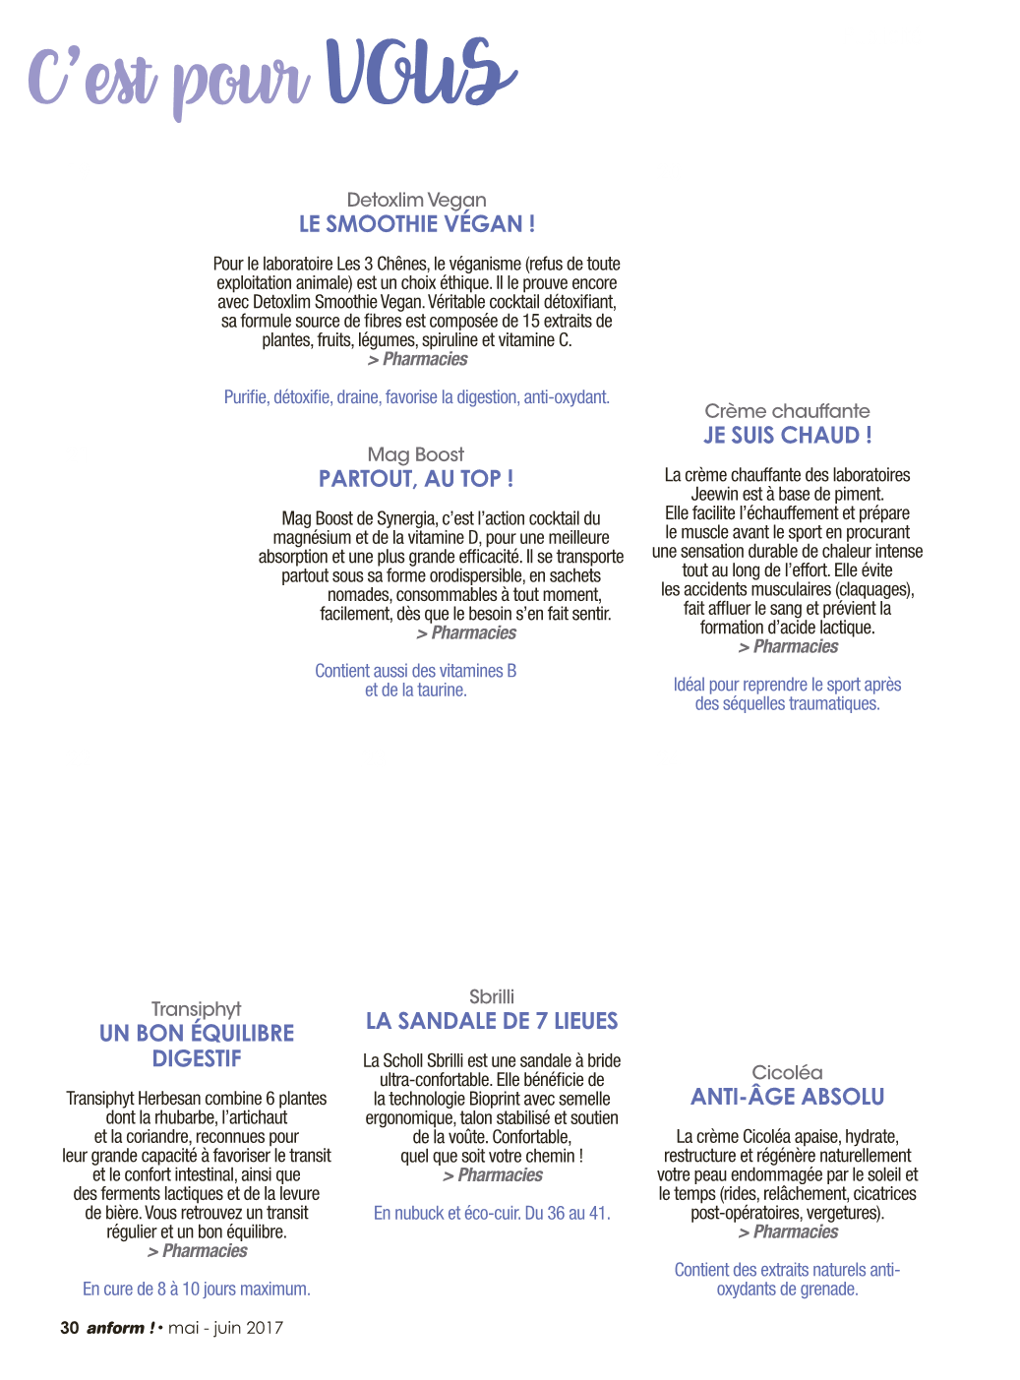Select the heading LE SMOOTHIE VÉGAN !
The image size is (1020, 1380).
(x=417, y=224)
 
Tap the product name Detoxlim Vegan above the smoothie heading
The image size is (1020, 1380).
(x=416, y=200)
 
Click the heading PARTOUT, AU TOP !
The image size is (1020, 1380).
(x=416, y=479)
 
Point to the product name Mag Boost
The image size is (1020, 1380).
(x=416, y=454)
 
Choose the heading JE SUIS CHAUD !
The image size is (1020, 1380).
(x=787, y=436)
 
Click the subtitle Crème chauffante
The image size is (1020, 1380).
(x=787, y=411)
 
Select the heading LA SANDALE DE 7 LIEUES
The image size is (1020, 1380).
(x=492, y=1021)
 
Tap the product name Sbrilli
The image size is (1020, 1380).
(x=492, y=996)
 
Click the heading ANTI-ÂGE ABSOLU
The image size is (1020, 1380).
(x=787, y=1097)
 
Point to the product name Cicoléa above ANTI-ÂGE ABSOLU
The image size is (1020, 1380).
(x=787, y=1073)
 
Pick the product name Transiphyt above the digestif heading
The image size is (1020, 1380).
(x=196, y=1009)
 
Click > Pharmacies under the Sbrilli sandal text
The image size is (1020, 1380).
(x=492, y=1175)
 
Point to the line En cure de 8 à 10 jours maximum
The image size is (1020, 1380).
(x=196, y=1289)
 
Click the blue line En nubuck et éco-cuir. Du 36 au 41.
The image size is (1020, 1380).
(x=492, y=1213)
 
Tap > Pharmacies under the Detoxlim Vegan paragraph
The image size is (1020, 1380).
(x=417, y=359)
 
